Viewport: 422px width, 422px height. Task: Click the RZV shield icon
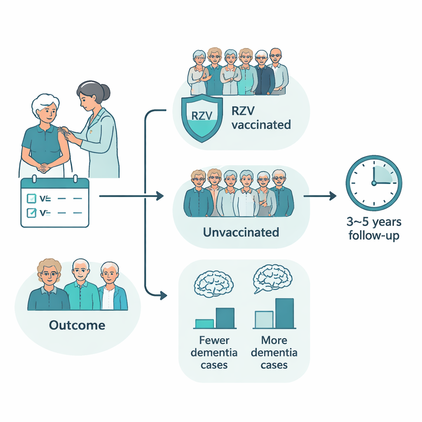(x=201, y=117)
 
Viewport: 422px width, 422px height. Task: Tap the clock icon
(x=373, y=183)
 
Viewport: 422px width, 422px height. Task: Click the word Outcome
(x=77, y=325)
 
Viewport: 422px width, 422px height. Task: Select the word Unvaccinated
(x=241, y=232)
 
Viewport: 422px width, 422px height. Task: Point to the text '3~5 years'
(x=374, y=223)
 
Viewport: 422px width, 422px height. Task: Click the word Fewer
(x=214, y=341)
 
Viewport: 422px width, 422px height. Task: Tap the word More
(x=274, y=341)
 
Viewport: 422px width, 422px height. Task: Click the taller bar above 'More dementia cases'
(x=284, y=313)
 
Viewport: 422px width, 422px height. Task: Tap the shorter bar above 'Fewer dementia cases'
(x=204, y=324)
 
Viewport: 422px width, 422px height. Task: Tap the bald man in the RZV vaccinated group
(x=275, y=56)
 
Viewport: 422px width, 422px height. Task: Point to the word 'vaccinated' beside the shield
(x=261, y=125)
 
